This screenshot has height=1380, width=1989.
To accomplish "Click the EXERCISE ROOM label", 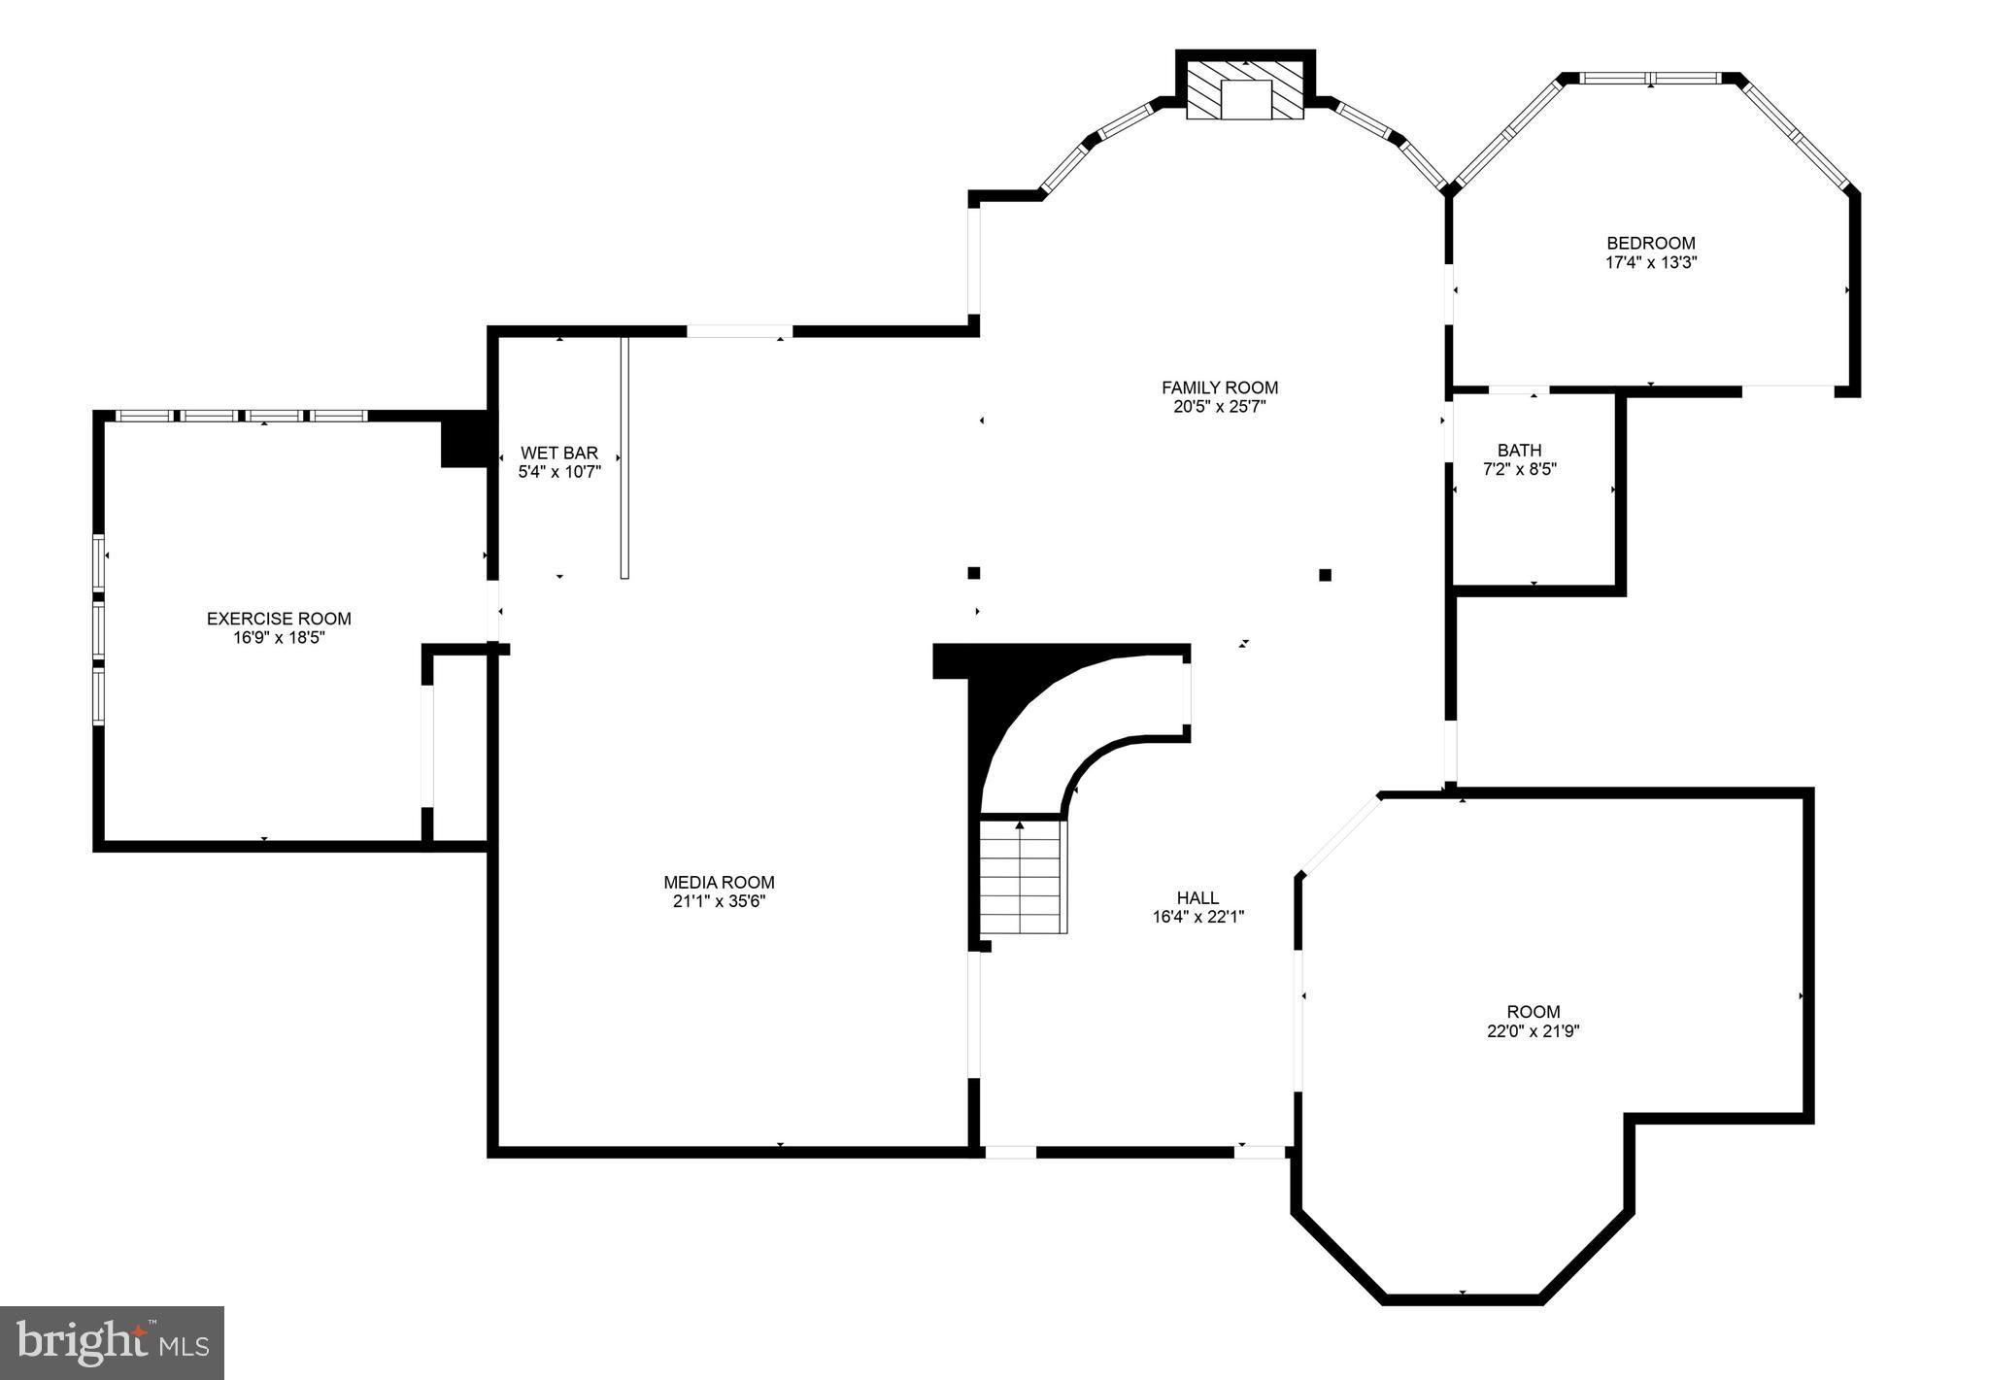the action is coord(279,619).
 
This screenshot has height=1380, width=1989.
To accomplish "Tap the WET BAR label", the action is coord(559,454).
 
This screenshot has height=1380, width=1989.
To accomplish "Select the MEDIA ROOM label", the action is coord(719,883).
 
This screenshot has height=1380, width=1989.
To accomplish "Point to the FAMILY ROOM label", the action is coord(1220,387).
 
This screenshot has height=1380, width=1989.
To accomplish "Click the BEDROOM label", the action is coord(1651,243).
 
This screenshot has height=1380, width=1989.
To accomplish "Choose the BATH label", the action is coord(1519,451).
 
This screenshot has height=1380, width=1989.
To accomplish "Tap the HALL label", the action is coord(1197,898).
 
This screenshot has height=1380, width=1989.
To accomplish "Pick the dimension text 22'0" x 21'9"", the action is coord(1534,1031).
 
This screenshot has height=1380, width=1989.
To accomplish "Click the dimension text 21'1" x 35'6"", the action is coord(719,901).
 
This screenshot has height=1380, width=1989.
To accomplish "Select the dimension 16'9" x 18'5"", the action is coord(279,637).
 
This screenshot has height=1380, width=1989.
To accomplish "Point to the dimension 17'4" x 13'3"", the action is coord(1651,262).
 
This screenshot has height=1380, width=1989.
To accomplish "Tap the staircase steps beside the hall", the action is coord(1023,876).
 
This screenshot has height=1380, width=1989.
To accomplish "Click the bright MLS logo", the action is coord(113,1343).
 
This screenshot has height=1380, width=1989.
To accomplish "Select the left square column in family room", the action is coord(973,573).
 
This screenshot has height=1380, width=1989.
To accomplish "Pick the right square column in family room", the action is coord(1325,575).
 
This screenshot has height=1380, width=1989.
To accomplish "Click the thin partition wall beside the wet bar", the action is coord(624,457).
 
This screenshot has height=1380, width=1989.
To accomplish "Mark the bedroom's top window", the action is coord(1650,78).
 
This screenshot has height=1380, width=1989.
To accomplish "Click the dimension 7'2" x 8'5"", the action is coord(1519,469).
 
